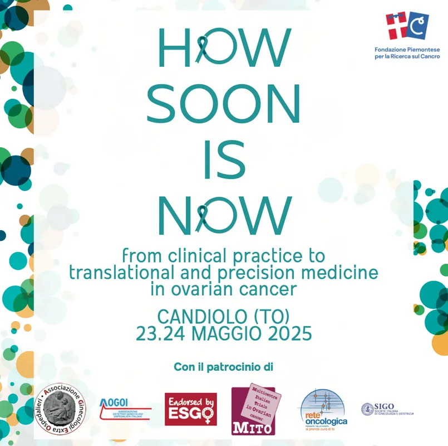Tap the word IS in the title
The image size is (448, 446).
pos(224,159)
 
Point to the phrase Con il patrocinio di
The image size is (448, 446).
pos(224,367)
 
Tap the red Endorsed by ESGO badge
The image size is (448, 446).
pos(191,409)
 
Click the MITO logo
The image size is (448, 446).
pos(255,410)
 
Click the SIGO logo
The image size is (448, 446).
pos(387,409)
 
